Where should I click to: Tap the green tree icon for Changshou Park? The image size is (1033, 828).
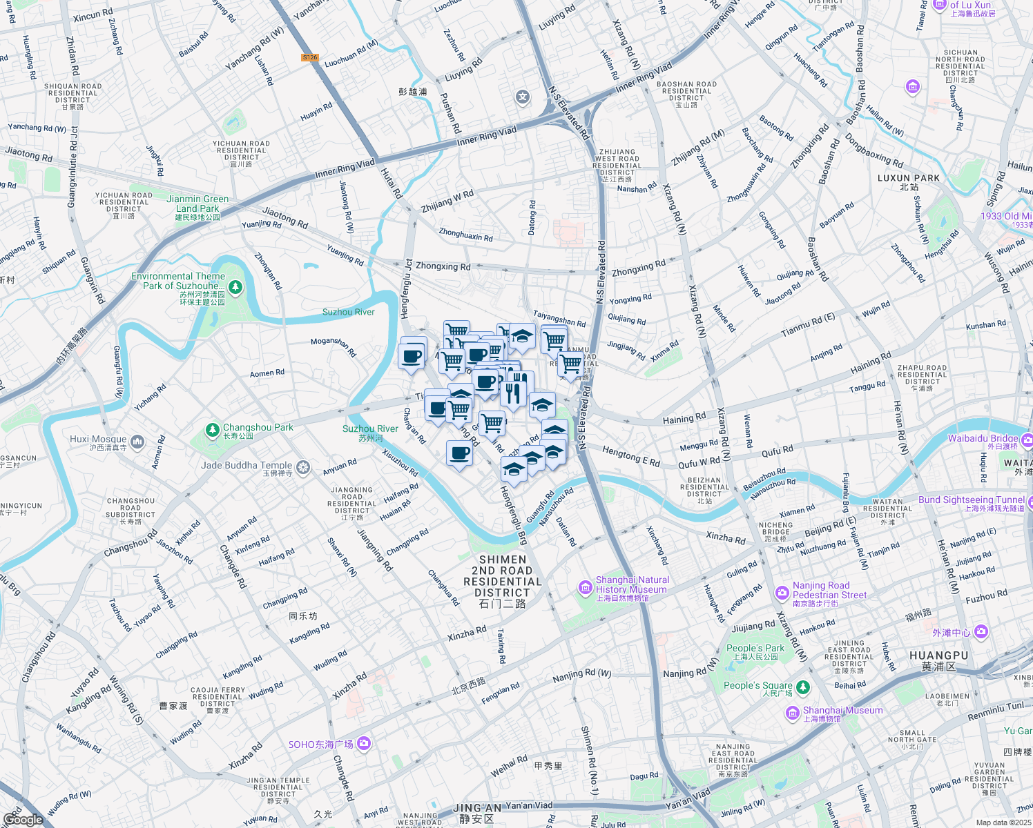point(213,431)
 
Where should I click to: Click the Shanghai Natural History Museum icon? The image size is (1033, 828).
point(586,588)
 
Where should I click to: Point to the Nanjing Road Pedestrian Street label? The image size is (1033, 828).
point(829,590)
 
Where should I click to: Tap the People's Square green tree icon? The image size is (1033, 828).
point(802,687)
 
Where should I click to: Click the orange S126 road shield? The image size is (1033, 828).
point(310,57)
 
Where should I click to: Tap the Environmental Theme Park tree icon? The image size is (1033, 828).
point(235,286)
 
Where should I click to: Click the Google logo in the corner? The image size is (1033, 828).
point(23,820)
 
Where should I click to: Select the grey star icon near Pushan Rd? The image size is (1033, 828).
point(523,97)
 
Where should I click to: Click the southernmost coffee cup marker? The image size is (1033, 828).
point(459,454)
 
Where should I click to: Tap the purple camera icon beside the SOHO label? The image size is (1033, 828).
point(364,744)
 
